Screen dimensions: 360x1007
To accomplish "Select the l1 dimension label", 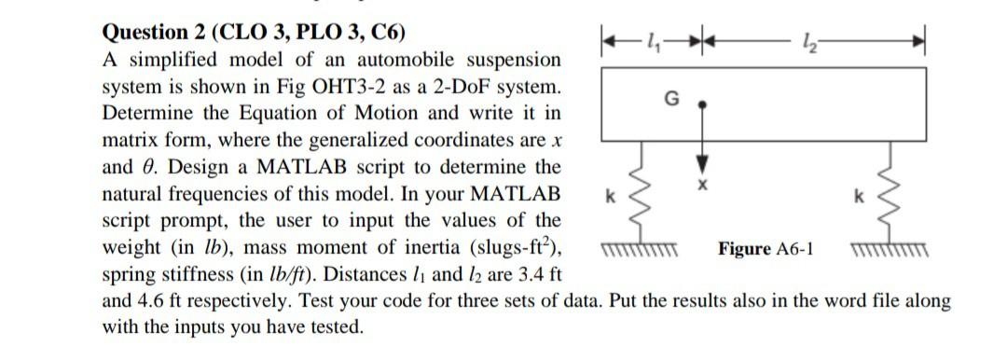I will point(636,38).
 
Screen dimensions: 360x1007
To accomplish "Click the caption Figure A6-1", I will point(766,249).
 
